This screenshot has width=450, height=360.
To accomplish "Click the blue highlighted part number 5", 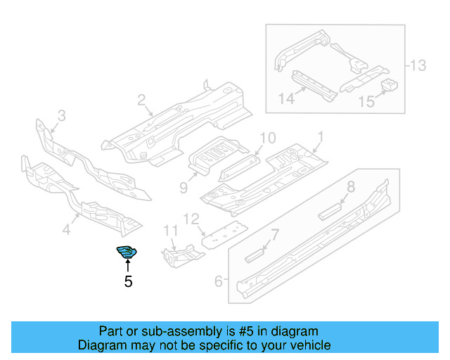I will coord(127,252).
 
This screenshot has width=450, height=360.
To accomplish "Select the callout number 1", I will coord(320,136).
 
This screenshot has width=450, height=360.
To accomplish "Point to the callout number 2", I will coord(141,101).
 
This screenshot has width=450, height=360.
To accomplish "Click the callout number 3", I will coord(61,115).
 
